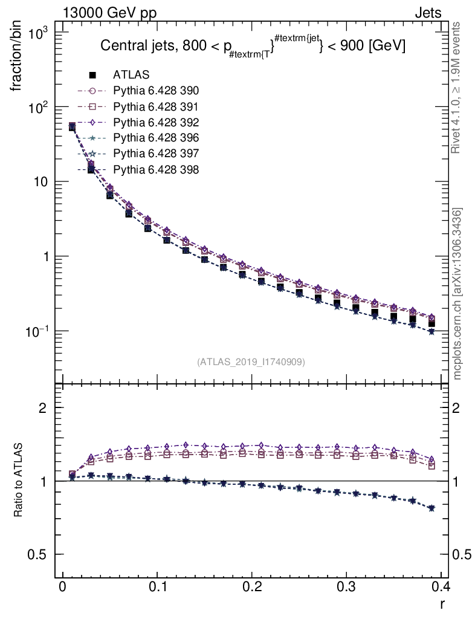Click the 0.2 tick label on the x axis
[x=251, y=586]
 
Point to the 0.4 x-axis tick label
[x=440, y=586]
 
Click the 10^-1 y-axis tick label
[x=36, y=331]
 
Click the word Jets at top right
[x=427, y=13]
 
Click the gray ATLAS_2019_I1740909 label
[x=251, y=362]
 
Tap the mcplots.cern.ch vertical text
[x=457, y=294]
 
